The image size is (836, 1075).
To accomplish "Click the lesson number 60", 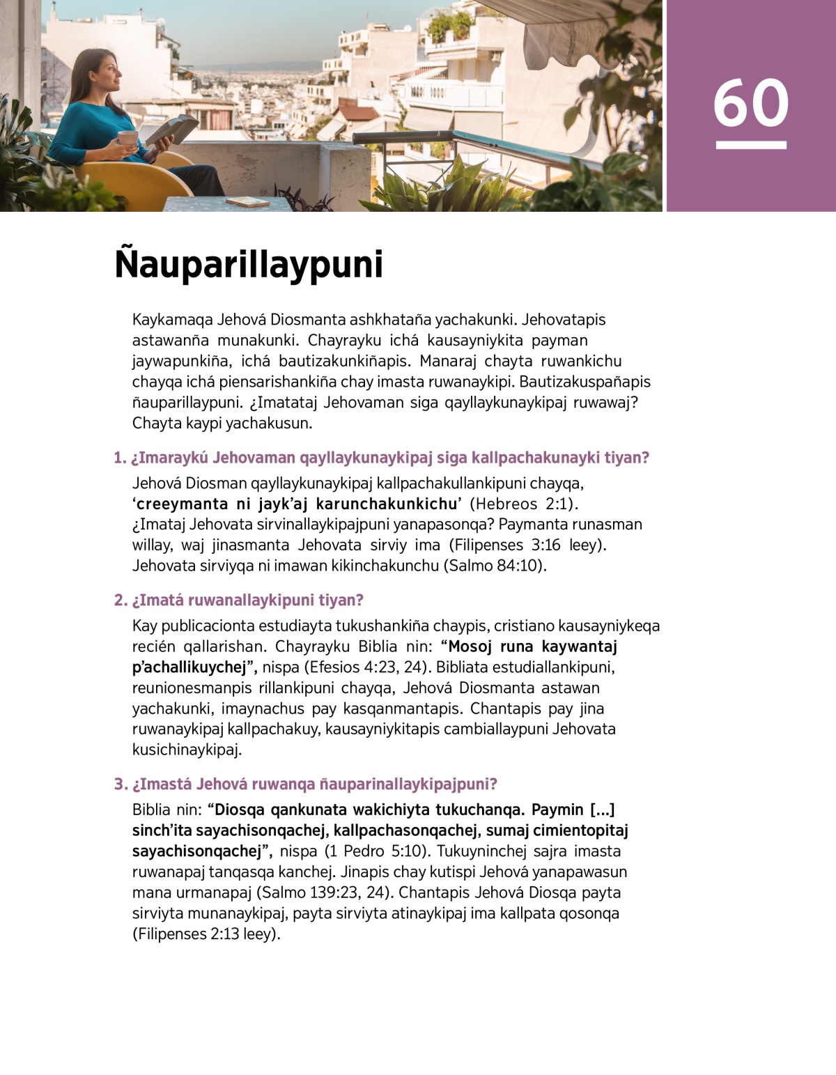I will (x=750, y=103).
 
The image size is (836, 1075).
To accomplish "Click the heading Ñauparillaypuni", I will (x=249, y=264).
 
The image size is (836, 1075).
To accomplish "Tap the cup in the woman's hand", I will (x=127, y=139).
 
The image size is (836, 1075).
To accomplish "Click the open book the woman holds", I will (x=171, y=130).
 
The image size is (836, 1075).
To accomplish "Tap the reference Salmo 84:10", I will (x=493, y=566).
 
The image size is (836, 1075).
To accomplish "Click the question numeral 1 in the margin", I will (x=119, y=458).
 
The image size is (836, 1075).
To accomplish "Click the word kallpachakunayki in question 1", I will (x=534, y=458).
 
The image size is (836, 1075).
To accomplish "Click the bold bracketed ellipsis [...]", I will (x=602, y=810).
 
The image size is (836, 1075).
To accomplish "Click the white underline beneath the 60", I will (x=751, y=146).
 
